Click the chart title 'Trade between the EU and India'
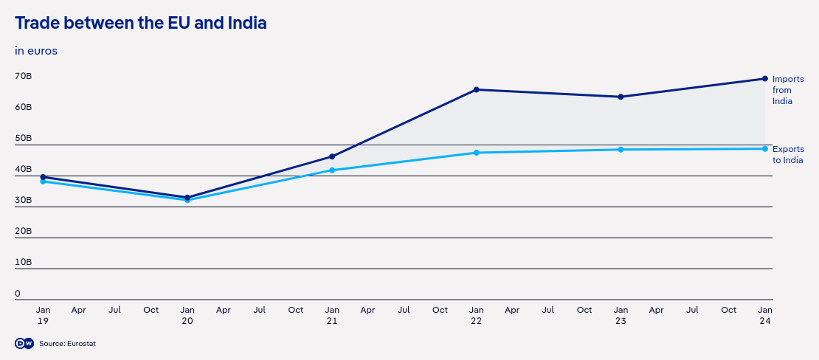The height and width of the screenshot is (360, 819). tap(140, 24)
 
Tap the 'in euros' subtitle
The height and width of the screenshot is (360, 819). tap(36, 51)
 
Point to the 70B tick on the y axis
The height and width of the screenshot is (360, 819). tap(23, 77)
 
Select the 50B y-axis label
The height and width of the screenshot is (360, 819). tap(23, 139)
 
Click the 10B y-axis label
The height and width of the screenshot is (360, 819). tap(23, 263)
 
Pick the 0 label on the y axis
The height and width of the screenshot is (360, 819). tap(18, 294)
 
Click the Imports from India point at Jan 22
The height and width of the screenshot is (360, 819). tap(477, 90)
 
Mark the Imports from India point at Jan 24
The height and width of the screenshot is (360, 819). tap(765, 79)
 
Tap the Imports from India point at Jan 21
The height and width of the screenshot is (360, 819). tap(332, 156)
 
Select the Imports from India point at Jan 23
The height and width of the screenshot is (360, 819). tap(621, 97)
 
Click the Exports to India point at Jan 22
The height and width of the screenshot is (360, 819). tap(477, 153)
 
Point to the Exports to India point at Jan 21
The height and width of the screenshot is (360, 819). tap(332, 170)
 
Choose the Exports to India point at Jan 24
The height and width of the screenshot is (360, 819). tap(765, 149)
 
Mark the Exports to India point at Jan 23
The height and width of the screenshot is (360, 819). tap(621, 150)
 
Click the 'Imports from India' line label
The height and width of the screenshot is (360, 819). tap(787, 90)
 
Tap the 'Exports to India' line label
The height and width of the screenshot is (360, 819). tap(787, 155)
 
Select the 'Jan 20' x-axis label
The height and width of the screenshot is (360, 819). tap(187, 316)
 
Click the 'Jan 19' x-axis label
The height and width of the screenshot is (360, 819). tap(43, 316)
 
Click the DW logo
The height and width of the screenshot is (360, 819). tap(24, 344)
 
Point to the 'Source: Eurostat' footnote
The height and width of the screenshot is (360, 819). tap(68, 344)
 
